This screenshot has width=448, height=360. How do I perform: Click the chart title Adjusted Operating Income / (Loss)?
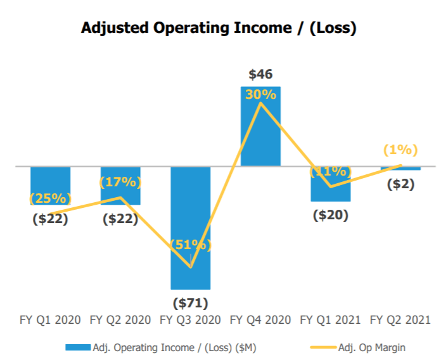click(x=219, y=29)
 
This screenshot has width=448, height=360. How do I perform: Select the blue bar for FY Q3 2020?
click(x=191, y=228)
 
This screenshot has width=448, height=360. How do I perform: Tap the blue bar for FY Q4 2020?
click(x=260, y=126)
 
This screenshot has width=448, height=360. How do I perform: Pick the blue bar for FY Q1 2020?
click(x=50, y=186)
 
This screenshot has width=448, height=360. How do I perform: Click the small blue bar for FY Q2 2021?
click(x=400, y=169)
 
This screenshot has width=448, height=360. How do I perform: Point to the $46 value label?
click(x=260, y=74)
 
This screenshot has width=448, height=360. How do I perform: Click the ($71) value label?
click(x=191, y=303)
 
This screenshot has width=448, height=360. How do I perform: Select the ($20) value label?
click(x=331, y=215)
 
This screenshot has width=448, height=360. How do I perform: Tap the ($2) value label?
click(x=400, y=184)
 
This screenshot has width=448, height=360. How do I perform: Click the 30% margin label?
click(x=260, y=94)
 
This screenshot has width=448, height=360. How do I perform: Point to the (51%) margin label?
click(x=191, y=245)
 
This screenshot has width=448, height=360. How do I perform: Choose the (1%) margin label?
click(x=400, y=150)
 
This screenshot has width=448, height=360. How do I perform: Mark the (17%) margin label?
click(x=120, y=182)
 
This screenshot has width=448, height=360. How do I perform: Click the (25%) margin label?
click(x=50, y=198)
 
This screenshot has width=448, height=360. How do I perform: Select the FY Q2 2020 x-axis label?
click(x=120, y=320)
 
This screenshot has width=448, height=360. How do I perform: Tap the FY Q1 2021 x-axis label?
click(x=330, y=320)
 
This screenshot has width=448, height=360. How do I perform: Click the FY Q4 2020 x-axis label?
click(x=260, y=320)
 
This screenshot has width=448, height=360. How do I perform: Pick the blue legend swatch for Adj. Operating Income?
click(x=78, y=347)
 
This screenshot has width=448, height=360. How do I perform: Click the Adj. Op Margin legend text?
click(x=372, y=348)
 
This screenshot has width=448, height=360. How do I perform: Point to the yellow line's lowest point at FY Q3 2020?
click(x=191, y=267)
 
